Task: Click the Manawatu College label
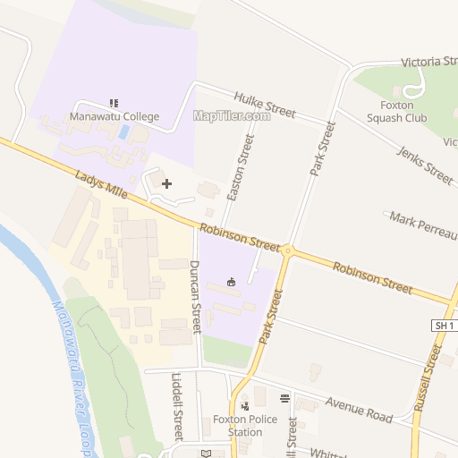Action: pyautogui.click(x=114, y=117)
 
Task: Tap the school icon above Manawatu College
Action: pyautogui.click(x=114, y=103)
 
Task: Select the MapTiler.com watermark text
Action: pyautogui.click(x=232, y=115)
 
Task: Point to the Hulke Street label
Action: pyautogui.click(x=264, y=106)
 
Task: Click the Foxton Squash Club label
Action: pyautogui.click(x=398, y=111)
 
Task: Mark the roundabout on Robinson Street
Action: pyautogui.click(x=288, y=250)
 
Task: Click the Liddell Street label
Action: pyautogui.click(x=178, y=407)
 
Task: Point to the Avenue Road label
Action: pyautogui.click(x=359, y=411)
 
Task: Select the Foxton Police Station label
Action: pyautogui.click(x=238, y=426)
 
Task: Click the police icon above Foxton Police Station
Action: pyautogui.click(x=243, y=406)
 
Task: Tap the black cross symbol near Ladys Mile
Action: pyautogui.click(x=166, y=183)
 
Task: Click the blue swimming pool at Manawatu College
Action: pyautogui.click(x=124, y=132)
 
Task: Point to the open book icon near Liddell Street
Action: pyautogui.click(x=206, y=453)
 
